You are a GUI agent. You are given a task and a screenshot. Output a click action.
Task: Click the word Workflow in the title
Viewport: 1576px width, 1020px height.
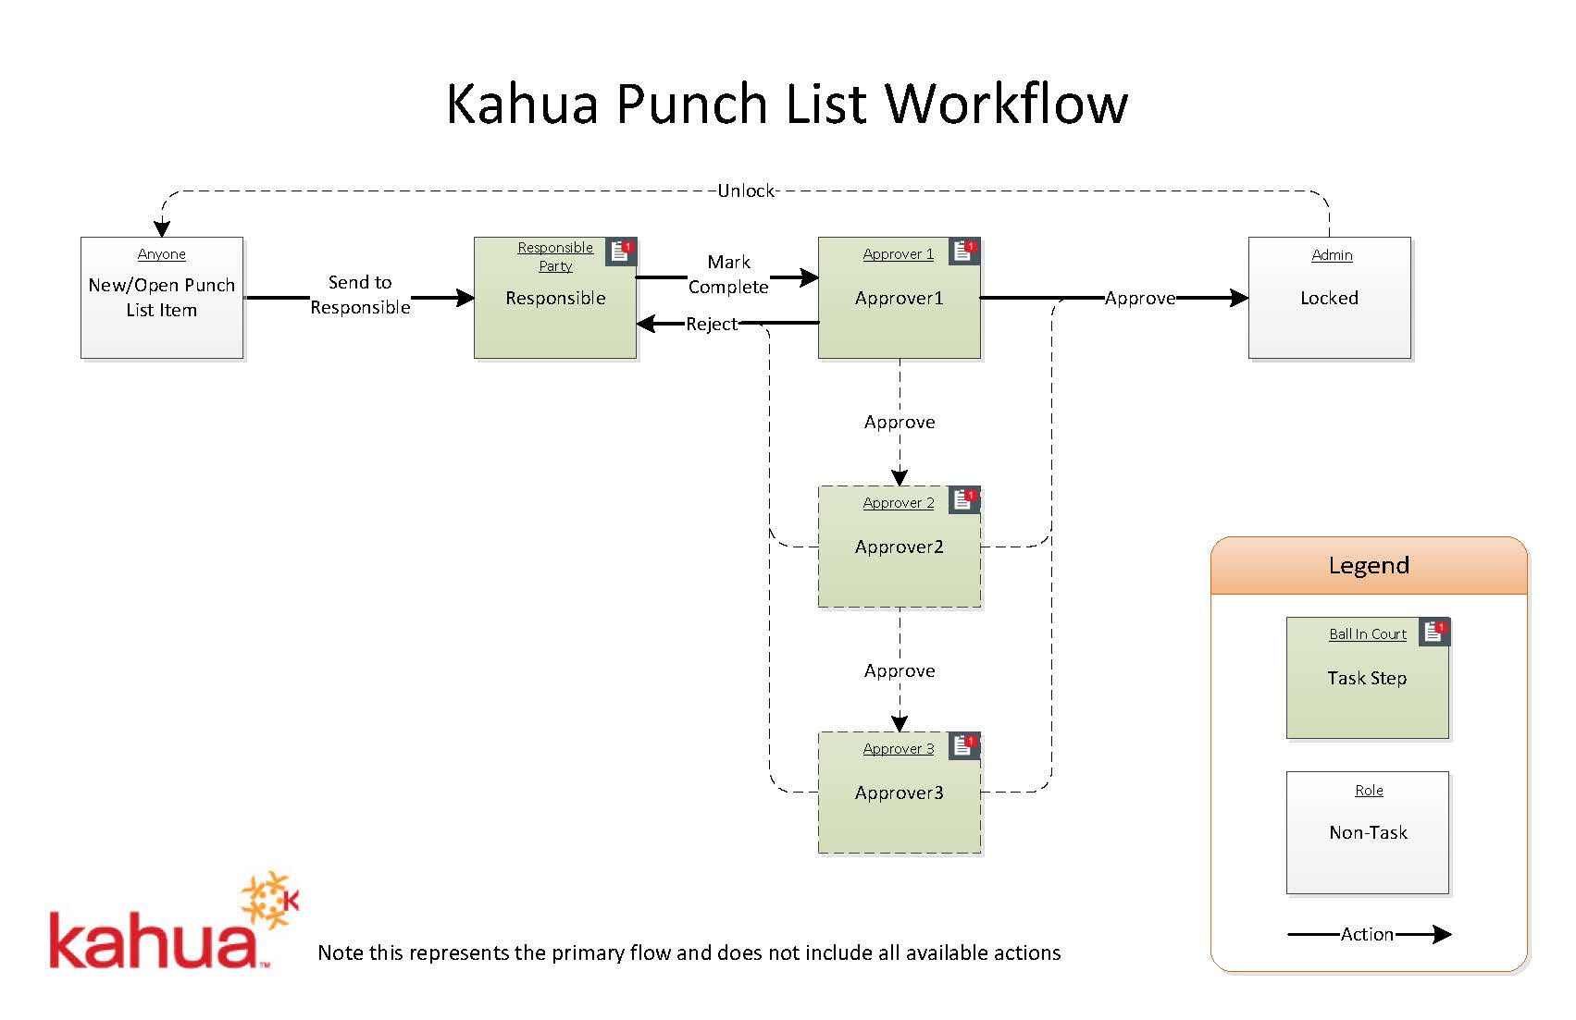coord(1005,104)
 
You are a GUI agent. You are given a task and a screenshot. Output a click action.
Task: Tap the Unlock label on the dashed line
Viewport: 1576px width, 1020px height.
coord(746,191)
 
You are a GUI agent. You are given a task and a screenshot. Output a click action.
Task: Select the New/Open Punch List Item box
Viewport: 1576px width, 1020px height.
coord(162,298)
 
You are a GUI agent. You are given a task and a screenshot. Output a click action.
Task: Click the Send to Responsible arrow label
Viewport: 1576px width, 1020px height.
coord(360,295)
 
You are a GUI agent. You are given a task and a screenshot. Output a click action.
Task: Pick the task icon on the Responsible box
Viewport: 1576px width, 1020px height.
coord(621,252)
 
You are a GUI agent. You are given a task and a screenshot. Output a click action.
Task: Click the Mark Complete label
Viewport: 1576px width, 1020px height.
coord(728,274)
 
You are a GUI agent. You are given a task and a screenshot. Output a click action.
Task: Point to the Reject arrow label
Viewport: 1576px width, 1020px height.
coord(712,324)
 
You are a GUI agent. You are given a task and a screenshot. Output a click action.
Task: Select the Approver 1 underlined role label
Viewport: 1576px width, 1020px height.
coord(899,254)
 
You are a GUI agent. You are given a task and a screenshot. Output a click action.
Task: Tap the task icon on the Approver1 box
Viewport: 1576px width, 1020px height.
coord(964,252)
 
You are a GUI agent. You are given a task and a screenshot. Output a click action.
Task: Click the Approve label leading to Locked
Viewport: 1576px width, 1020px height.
coord(1140,299)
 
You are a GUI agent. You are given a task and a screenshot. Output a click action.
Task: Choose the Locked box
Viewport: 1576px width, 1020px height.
coord(1330,298)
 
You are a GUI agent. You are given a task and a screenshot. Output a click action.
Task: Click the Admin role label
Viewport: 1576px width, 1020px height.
coord(1332,255)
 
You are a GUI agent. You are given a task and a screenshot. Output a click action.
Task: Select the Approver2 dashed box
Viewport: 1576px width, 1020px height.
coord(900,547)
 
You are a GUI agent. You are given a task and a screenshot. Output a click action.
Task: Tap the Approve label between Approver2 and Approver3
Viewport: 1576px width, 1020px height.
coord(900,671)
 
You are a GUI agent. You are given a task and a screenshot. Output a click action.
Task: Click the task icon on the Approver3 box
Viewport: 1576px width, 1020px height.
coord(964,746)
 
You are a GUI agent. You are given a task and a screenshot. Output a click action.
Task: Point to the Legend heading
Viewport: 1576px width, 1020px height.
coord(1369,566)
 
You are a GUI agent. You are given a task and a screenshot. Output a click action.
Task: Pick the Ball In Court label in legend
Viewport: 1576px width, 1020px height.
coord(1368,634)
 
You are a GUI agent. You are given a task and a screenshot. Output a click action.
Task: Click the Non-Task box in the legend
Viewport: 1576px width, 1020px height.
coord(1368,833)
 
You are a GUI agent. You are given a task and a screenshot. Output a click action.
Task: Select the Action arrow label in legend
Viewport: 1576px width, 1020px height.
coord(1367,934)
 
